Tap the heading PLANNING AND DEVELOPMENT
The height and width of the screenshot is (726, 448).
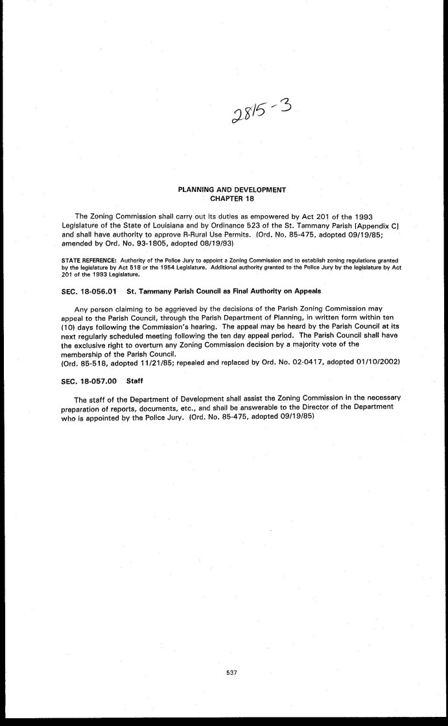[x=232, y=189]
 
